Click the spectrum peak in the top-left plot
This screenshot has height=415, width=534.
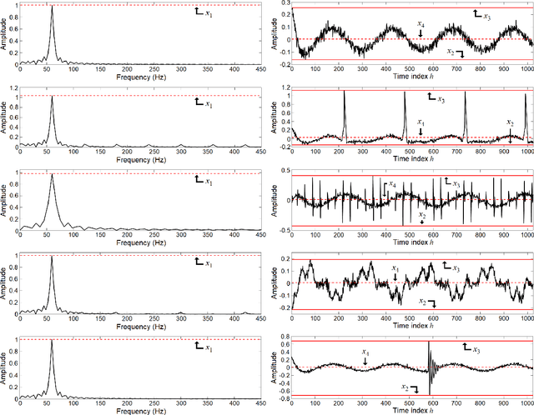[x=52, y=7]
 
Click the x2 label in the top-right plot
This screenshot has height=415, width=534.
[x=451, y=52]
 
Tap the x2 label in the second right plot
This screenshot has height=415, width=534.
[x=511, y=122]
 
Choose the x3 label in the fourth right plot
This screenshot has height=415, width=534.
[x=456, y=267]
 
